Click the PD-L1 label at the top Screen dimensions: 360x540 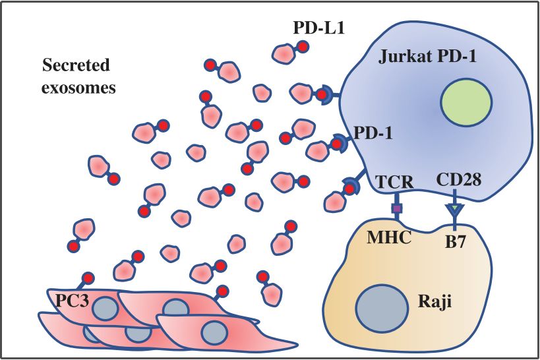(318, 28)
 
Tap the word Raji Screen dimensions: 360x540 (433, 305)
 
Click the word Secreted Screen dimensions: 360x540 (75, 65)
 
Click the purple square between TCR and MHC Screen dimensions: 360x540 (396, 209)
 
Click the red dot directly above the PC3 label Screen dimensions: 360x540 (87, 278)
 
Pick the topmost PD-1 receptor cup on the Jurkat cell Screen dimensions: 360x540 (323, 95)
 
